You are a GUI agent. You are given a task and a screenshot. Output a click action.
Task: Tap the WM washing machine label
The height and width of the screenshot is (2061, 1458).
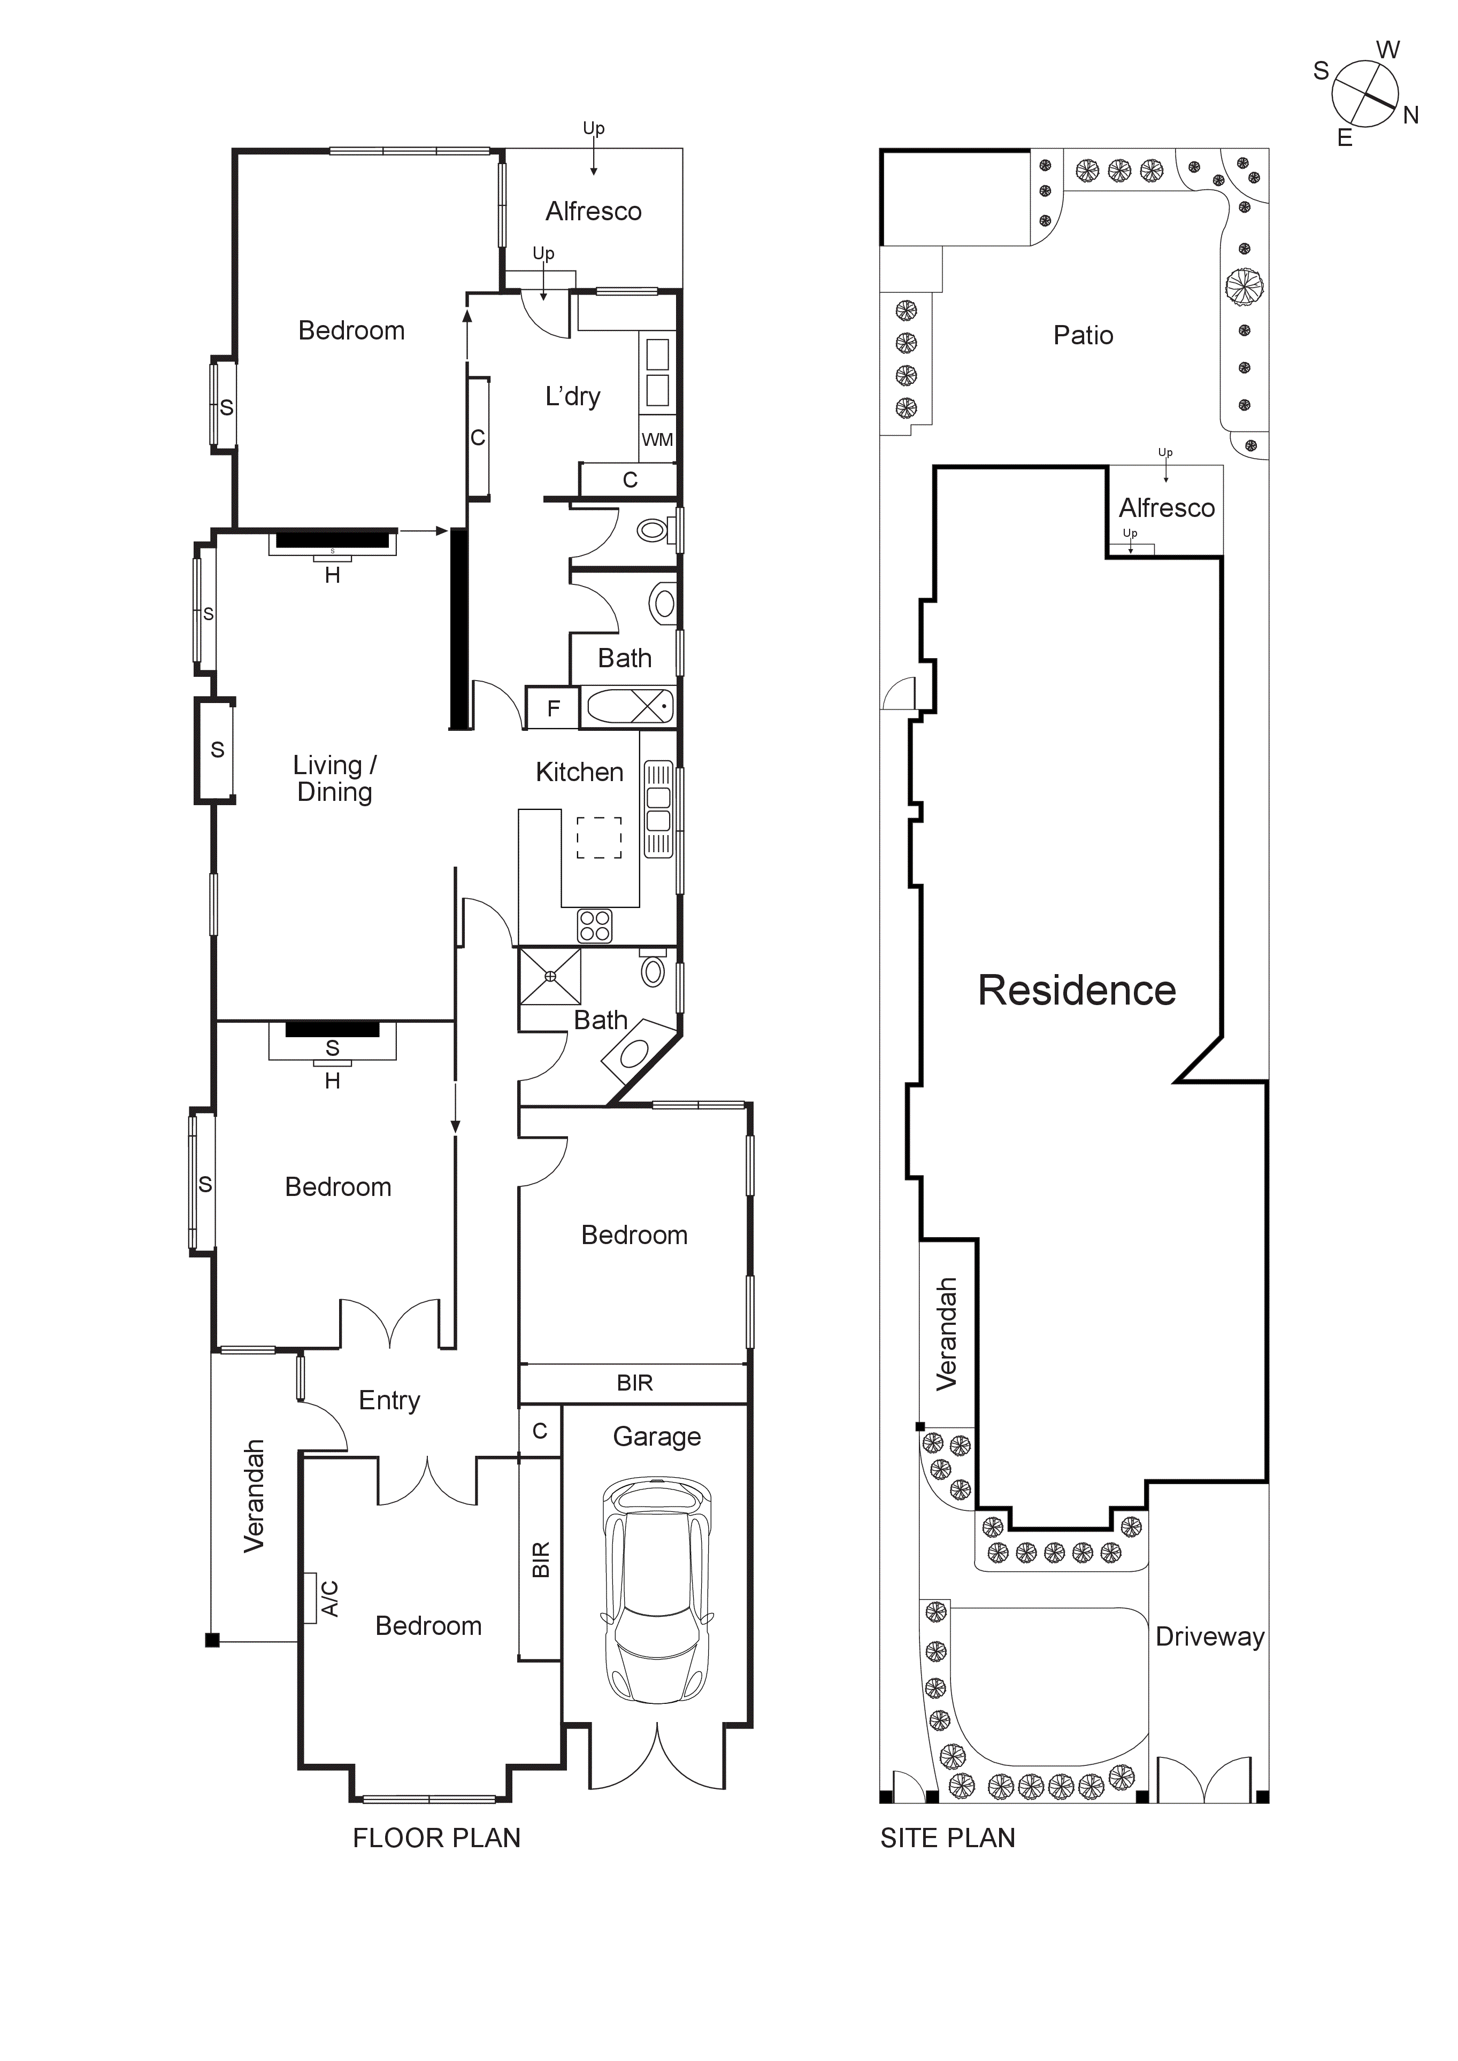[657, 440]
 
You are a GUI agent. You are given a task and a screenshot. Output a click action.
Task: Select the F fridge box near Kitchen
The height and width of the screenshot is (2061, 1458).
[553, 708]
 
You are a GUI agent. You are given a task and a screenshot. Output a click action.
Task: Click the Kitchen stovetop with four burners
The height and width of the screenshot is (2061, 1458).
[594, 925]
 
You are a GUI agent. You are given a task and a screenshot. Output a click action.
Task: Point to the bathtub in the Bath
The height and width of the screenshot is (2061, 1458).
[630, 706]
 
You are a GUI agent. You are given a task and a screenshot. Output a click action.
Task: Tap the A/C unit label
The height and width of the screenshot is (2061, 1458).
[329, 1599]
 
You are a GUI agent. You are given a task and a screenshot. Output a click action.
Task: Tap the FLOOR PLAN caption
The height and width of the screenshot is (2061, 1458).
[436, 1839]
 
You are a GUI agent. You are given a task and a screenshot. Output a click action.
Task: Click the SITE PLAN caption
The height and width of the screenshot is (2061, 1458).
[947, 1839]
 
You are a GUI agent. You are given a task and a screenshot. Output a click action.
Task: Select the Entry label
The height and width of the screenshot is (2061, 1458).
[389, 1400]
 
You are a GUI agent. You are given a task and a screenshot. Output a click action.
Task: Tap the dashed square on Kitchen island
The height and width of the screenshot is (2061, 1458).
[599, 838]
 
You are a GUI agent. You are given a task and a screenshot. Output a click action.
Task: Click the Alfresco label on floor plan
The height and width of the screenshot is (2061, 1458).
[594, 212]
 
